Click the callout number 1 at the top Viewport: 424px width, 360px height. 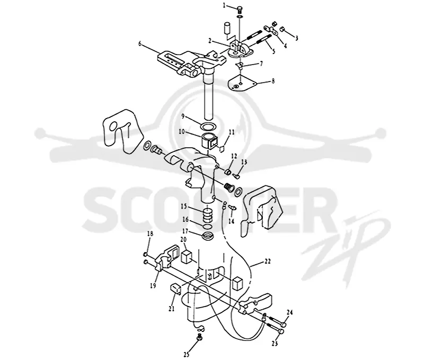(x=224, y=5)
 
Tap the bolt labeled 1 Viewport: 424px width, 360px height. (x=240, y=10)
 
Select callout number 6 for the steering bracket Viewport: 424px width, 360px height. (x=140, y=43)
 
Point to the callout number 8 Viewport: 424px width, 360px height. (x=273, y=81)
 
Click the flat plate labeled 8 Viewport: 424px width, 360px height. (x=242, y=84)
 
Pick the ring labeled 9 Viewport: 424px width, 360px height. (x=208, y=127)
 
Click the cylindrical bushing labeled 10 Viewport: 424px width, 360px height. (x=209, y=141)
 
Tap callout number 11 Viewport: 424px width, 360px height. (x=232, y=132)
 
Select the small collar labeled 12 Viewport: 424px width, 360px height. (x=229, y=172)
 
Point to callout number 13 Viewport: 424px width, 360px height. (x=244, y=162)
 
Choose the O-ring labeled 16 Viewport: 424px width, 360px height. (x=207, y=226)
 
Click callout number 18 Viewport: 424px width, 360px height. (x=150, y=233)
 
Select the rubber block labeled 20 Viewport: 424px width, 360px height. (x=186, y=256)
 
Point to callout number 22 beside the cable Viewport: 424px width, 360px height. (x=267, y=262)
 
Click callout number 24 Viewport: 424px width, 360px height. (x=289, y=312)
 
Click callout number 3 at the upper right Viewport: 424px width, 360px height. (x=297, y=38)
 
